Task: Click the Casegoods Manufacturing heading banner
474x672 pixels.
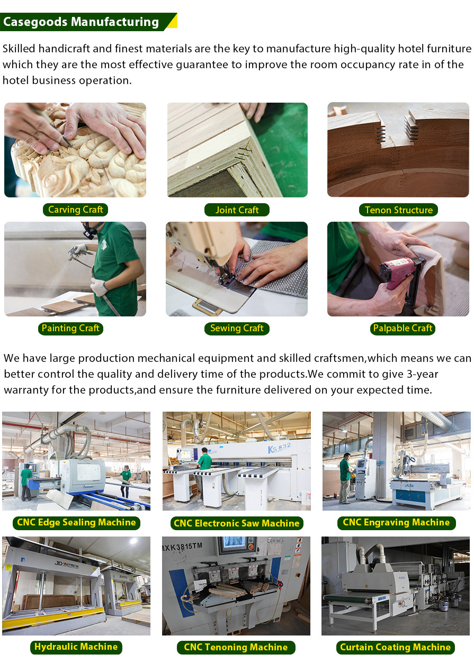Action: pos(88,22)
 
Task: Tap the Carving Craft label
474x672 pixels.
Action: pos(75,210)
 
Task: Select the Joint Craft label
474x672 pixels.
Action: pos(237,210)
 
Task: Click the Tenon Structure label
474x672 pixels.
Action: pos(398,210)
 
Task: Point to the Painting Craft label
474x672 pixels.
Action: pos(70,328)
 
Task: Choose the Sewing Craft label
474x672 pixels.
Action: pos(237,328)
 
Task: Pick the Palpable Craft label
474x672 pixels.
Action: pos(403,328)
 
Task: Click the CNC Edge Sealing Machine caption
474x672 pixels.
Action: pos(76,523)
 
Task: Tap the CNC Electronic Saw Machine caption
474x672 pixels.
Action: pos(237,523)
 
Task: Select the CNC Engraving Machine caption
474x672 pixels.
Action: pos(396,523)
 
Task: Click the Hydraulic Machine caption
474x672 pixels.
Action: pos(76,647)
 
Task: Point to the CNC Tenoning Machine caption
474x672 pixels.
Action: pos(236,648)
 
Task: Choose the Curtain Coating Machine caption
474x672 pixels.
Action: pos(395,648)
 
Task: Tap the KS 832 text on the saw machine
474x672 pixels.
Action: pos(279,448)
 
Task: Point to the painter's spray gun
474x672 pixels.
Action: pos(79,254)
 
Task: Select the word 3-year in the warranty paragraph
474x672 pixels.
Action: pos(423,374)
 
